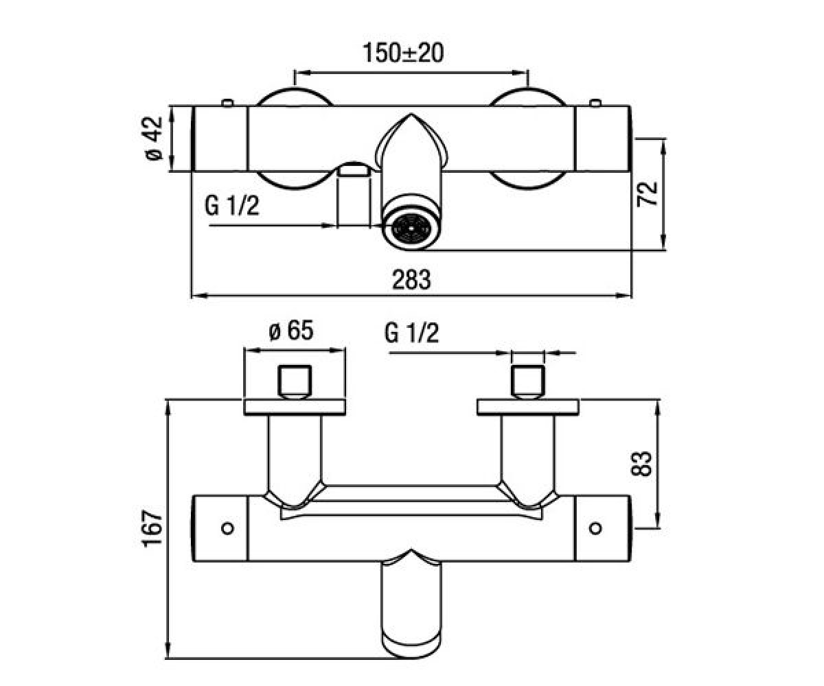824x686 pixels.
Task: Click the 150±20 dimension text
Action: coord(403,53)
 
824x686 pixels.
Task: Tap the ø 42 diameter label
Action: coord(154,139)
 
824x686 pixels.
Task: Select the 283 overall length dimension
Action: coord(411,279)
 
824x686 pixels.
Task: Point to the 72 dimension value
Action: coord(648,193)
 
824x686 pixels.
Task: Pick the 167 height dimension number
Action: coord(152,528)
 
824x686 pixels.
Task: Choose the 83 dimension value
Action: coord(641,464)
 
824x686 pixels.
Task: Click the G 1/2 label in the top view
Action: coord(232,205)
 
